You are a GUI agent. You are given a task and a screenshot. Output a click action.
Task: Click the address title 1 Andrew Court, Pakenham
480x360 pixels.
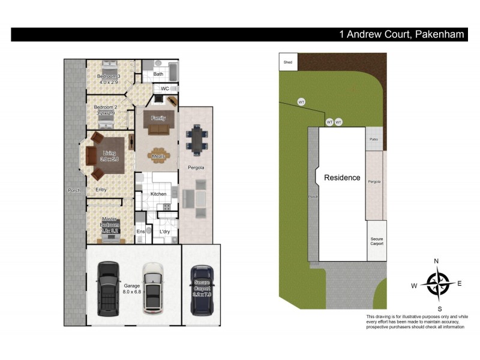click(401, 34)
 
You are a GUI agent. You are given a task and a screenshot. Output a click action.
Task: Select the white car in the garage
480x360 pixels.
click(153, 289)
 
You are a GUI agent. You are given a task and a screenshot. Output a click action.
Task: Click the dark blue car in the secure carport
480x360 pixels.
click(202, 290)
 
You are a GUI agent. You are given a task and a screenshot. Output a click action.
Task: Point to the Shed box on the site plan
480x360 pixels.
click(288, 62)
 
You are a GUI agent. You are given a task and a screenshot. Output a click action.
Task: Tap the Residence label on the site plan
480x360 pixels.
click(342, 178)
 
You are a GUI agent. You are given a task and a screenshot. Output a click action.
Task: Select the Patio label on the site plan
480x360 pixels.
click(374, 139)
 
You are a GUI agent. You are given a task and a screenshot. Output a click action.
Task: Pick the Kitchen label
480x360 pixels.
click(158, 194)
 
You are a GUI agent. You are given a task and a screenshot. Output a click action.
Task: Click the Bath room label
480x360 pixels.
click(158, 74)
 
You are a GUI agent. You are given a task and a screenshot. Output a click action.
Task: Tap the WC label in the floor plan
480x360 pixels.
click(164, 88)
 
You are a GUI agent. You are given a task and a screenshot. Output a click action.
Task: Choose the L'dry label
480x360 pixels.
click(164, 232)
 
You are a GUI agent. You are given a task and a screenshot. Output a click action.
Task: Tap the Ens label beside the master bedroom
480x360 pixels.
click(140, 232)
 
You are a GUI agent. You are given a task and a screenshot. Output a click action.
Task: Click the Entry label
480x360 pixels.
click(101, 190)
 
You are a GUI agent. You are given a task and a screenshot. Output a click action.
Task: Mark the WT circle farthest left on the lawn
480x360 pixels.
click(302, 102)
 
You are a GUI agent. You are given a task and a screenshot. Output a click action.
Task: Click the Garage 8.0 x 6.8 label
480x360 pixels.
click(132, 289)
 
